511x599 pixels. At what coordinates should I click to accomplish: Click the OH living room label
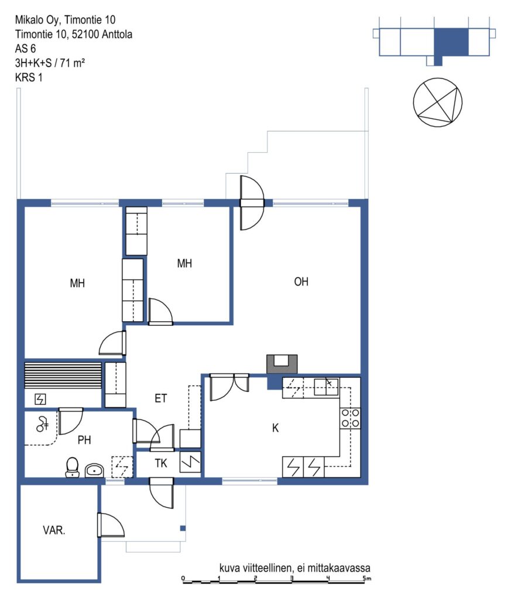tap(301, 281)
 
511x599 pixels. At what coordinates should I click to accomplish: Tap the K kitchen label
tap(275, 428)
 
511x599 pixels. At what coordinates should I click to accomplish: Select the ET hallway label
tap(160, 398)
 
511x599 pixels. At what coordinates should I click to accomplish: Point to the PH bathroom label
tap(84, 440)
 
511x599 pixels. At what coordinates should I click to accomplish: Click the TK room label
tap(161, 463)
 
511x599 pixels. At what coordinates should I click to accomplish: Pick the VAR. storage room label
tap(54, 530)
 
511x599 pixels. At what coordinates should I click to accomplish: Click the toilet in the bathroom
tap(72, 467)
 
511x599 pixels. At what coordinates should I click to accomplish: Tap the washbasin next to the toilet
tap(94, 470)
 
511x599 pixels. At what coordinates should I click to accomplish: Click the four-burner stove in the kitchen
tap(350, 418)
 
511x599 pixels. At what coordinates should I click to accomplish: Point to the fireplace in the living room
tap(282, 364)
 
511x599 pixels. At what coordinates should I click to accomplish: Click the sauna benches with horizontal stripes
tap(63, 375)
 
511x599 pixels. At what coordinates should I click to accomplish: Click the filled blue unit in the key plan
tap(451, 42)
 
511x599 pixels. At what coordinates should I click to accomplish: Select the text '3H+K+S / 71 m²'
tap(50, 63)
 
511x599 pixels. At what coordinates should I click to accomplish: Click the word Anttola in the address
tap(117, 35)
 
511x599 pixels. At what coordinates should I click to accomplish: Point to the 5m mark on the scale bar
tap(367, 579)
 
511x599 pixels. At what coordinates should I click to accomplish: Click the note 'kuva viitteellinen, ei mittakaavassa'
tap(294, 567)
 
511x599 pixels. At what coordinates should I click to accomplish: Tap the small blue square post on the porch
tap(183, 528)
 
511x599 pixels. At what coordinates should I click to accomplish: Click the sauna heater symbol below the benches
tap(40, 399)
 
